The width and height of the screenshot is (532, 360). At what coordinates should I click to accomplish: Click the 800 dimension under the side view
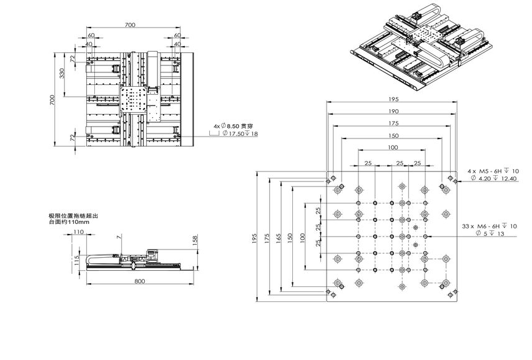[139, 281]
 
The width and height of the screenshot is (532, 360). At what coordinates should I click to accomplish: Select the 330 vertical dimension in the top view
[62, 73]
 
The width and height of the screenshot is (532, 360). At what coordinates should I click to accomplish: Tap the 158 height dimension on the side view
[195, 240]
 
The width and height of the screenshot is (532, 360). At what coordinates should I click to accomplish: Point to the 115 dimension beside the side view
[77, 260]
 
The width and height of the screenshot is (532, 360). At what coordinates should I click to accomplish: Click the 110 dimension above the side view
[79, 232]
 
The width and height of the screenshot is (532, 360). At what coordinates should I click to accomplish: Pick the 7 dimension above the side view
[119, 237]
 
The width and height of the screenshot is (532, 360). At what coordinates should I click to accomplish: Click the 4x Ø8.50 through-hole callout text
[233, 126]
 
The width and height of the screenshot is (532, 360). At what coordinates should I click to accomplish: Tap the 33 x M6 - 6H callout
[490, 226]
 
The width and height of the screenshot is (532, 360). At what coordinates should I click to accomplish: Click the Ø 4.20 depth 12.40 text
[494, 178]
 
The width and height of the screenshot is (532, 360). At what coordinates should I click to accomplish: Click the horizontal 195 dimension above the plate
[393, 99]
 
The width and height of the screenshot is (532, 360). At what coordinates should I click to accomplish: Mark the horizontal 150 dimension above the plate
[393, 136]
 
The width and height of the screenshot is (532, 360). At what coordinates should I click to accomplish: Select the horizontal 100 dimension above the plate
[393, 147]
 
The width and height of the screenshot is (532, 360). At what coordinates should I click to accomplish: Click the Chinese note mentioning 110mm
[74, 218]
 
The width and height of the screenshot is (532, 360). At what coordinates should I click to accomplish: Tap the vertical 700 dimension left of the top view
[52, 100]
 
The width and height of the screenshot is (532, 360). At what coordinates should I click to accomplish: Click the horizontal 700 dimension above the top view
[130, 25]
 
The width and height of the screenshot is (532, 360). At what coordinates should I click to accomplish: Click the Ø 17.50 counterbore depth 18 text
[240, 134]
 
